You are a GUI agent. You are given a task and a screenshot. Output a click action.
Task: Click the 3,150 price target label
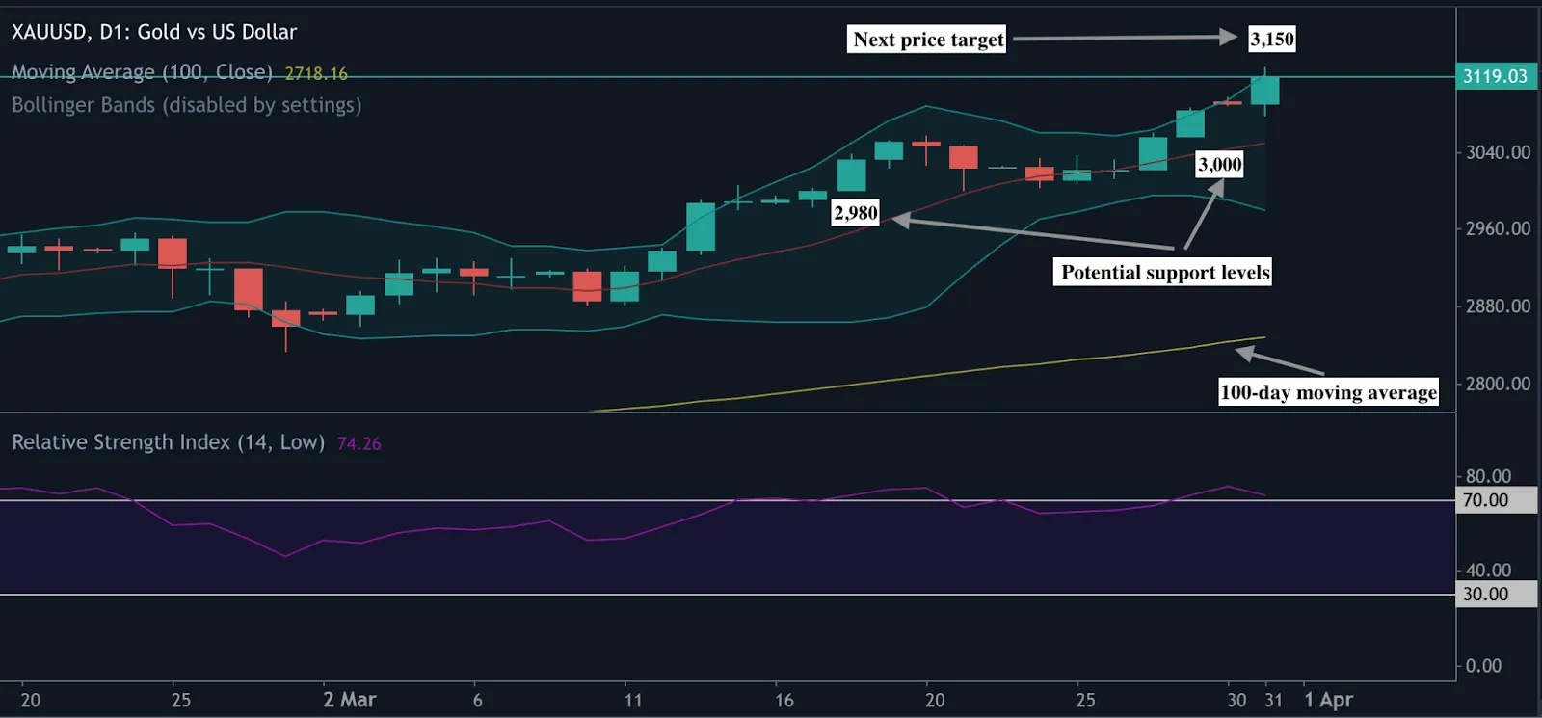[1272, 39]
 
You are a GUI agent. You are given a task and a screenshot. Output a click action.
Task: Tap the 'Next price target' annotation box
[928, 40]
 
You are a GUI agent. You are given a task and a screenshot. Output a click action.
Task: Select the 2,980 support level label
[856, 213]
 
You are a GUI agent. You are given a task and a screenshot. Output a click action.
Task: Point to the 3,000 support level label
[1219, 164]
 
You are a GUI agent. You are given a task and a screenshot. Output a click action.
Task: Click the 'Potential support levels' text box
[1165, 272]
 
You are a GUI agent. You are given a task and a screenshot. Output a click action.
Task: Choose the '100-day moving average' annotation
[1328, 391]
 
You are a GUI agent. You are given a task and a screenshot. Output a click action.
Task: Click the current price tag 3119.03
[1495, 76]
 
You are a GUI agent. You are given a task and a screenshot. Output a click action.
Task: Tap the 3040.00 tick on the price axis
[1498, 152]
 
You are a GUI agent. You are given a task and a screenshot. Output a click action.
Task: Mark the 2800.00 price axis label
[1498, 384]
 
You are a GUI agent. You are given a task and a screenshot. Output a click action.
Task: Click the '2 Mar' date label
[349, 700]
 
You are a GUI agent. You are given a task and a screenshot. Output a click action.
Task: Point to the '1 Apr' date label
[1328, 700]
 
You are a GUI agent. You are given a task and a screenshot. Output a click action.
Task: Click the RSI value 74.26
[359, 443]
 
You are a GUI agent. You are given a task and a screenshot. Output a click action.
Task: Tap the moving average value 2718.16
[316, 73]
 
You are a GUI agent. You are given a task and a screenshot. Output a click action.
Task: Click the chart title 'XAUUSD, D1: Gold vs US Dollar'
[154, 32]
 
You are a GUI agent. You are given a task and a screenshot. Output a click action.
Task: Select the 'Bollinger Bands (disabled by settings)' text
[187, 105]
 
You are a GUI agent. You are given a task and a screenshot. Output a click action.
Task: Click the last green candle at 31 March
[1264, 90]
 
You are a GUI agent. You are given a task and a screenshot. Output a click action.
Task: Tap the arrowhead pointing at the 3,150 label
[1229, 37]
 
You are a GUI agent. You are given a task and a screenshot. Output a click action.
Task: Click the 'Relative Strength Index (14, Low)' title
[168, 442]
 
